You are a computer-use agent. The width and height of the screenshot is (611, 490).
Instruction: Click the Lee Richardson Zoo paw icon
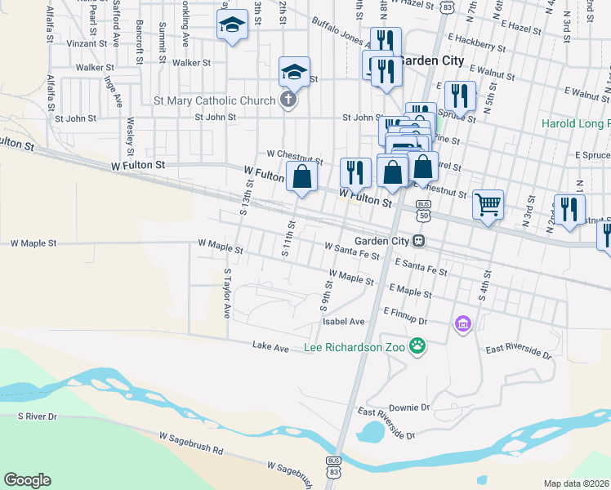[x=417, y=346]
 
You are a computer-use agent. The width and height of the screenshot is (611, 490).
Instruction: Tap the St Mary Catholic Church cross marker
[x=287, y=101]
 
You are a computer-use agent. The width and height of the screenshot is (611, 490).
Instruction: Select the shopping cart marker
[x=488, y=203]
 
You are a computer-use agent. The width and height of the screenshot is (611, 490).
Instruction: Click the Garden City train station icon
[x=418, y=241]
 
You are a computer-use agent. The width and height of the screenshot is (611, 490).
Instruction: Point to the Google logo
[x=27, y=480]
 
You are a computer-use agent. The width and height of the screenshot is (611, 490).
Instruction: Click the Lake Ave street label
[x=270, y=348]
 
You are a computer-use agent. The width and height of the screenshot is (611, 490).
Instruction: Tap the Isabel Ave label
[x=344, y=321]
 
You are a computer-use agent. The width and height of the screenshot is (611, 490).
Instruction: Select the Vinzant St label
[x=87, y=42]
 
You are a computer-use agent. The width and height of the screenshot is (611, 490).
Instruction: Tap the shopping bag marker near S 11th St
[x=301, y=176]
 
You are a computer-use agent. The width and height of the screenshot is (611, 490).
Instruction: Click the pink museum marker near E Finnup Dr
[x=463, y=324]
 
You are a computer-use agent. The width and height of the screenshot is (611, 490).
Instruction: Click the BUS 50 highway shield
[x=423, y=210]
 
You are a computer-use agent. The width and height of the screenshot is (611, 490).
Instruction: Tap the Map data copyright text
[x=577, y=483]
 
